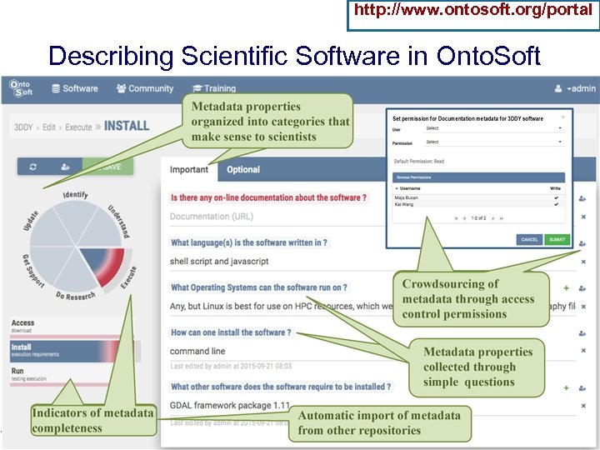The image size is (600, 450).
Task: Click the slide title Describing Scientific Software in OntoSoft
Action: pyautogui.click(x=294, y=56)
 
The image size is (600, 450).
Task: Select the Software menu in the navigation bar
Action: pyautogui.click(x=74, y=88)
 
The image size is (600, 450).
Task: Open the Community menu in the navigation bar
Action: pyautogui.click(x=145, y=88)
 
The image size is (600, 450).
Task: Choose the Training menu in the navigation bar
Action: pyautogui.click(x=214, y=88)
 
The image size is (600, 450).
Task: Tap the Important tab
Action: pyautogui.click(x=189, y=169)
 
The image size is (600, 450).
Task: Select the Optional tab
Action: pyautogui.click(x=243, y=169)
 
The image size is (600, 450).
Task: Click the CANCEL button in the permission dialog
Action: pyautogui.click(x=529, y=239)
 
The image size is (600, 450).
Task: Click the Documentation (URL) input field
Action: pyautogui.click(x=212, y=217)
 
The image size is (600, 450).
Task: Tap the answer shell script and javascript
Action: pyautogui.click(x=219, y=261)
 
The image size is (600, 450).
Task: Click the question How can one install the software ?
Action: pyautogui.click(x=231, y=332)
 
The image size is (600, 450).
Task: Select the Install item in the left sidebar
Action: pyautogui.click(x=22, y=347)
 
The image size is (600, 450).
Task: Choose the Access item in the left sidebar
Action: pyautogui.click(x=23, y=323)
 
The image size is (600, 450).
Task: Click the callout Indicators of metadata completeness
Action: pyautogui.click(x=92, y=420)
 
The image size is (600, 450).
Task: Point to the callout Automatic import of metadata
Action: pyautogui.click(x=378, y=422)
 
